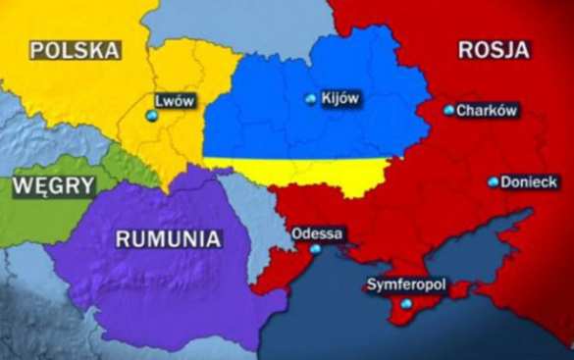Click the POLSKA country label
coord(76,50)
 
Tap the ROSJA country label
coord(493,49)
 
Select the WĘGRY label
coord(54,185)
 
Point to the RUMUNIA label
coord(168,238)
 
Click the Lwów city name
coord(176,100)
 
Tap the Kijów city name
coord(341,98)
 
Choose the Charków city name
coord(487,111)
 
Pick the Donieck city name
coord(529,182)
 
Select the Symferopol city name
coord(405,284)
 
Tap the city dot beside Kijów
coord(311,99)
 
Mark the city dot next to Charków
coord(448,111)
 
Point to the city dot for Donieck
coord(493,182)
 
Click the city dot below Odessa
coord(316,249)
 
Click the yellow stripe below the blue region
coord(294,170)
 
